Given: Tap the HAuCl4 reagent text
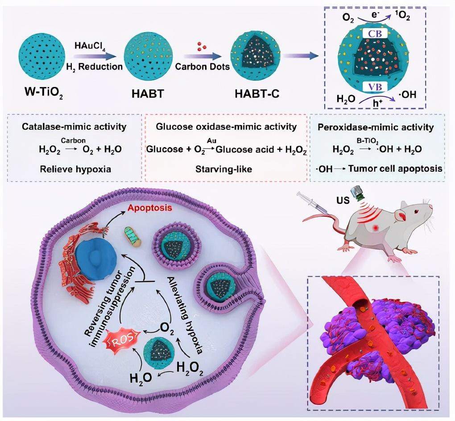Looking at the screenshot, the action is [90, 46].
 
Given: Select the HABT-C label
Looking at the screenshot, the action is [257, 94].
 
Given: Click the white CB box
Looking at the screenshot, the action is [376, 34].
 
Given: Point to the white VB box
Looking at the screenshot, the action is [376, 87].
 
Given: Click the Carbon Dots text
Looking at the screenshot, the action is [202, 66].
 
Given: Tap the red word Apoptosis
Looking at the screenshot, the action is [150, 208].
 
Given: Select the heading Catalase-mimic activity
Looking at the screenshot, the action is [74, 127].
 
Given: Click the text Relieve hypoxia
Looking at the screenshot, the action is [75, 169].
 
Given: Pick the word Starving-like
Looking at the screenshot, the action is [223, 169].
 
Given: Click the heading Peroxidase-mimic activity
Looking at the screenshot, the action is [376, 127].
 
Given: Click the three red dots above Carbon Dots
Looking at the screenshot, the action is [202, 46].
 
